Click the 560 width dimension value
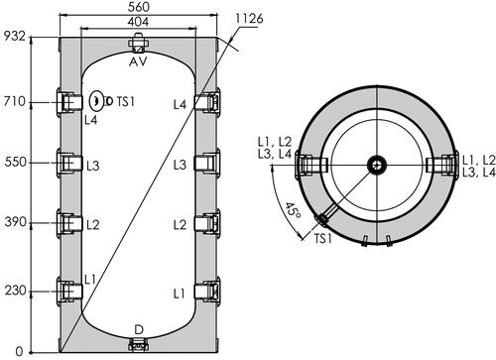tap(138, 7)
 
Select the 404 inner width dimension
tap(138, 22)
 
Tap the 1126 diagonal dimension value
tap(249, 19)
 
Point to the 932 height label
tap(14, 36)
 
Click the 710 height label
tap(15, 101)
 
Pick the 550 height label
tap(15, 163)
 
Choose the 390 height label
tap(15, 222)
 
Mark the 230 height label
tap(15, 291)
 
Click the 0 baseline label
tap(20, 351)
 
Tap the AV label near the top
tap(138, 61)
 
